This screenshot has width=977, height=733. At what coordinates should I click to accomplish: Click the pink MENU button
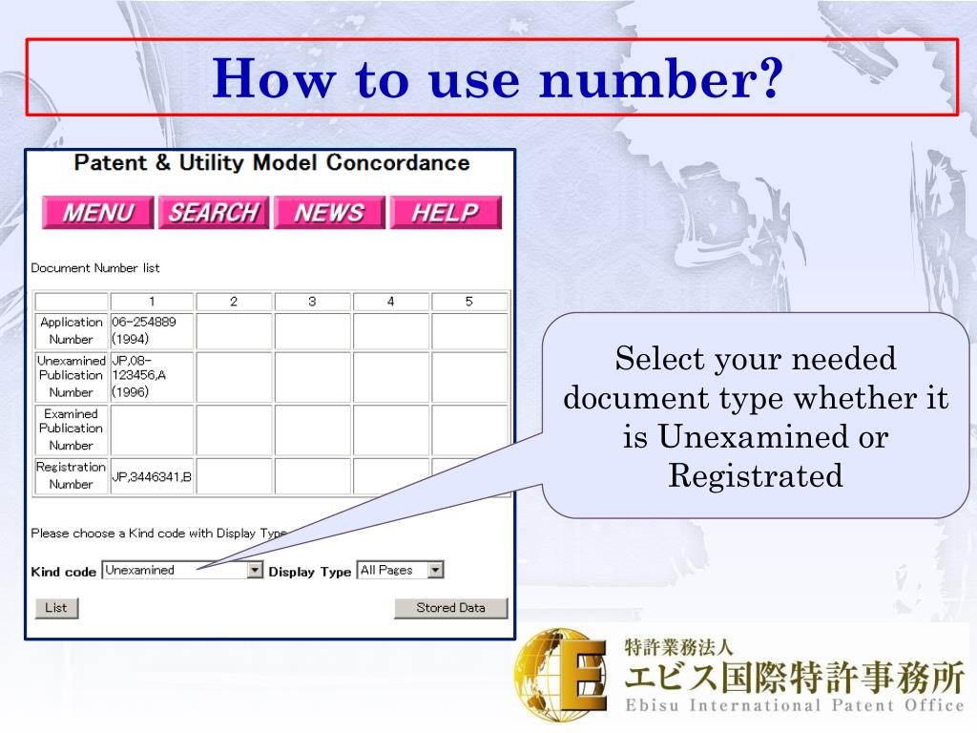point(97,213)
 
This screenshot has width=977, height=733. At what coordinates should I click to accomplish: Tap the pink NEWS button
point(329,213)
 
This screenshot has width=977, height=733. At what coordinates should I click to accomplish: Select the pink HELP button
point(445,213)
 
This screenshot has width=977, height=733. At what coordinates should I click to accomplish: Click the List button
point(56,608)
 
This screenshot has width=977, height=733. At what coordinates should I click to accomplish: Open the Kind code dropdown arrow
point(255,571)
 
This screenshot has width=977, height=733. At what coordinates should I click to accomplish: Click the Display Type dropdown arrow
point(435,571)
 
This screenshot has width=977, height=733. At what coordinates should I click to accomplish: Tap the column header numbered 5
point(469,302)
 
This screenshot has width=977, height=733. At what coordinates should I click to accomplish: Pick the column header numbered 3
point(312,302)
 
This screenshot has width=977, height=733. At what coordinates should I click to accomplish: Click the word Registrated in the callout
point(756,475)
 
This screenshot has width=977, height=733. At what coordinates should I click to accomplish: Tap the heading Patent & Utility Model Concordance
point(272,163)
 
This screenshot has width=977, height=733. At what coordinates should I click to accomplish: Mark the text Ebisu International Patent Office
point(794,706)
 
